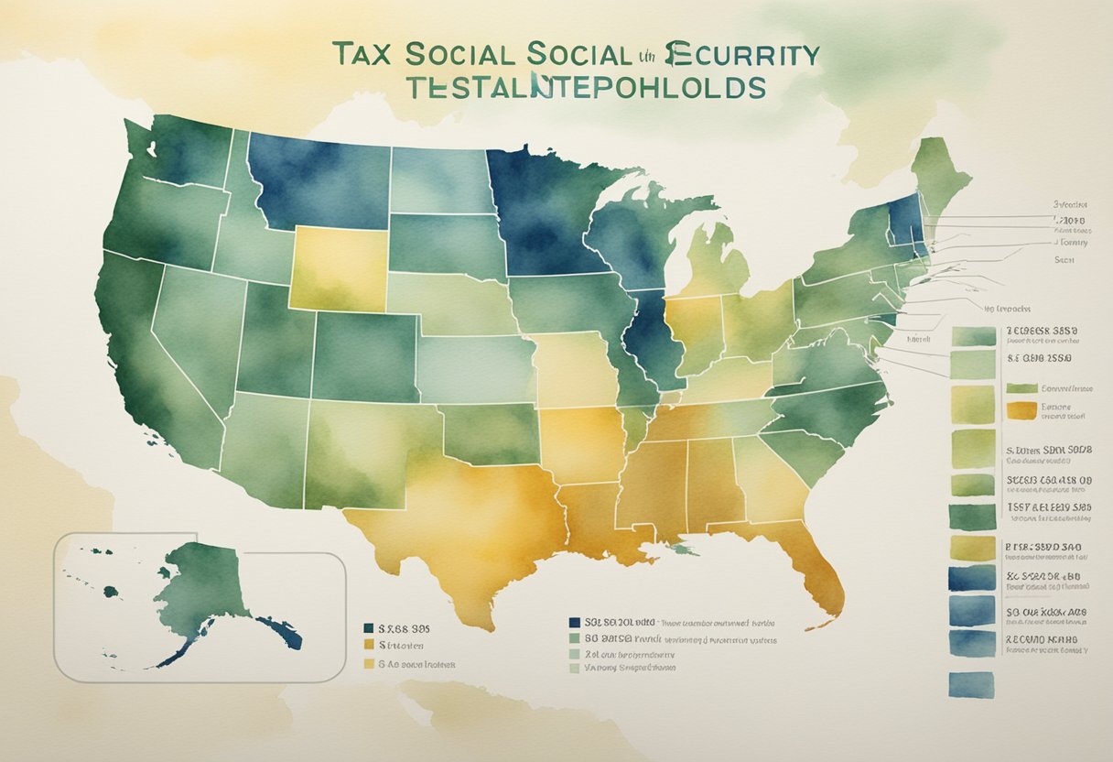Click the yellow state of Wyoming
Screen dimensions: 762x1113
[338, 266]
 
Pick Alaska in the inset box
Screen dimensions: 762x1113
[201, 586]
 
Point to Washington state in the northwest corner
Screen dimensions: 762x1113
[183, 151]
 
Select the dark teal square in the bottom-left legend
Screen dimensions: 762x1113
[369, 629]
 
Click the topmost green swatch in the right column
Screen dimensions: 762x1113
[973, 335]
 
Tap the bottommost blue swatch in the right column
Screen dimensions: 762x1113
[971, 683]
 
